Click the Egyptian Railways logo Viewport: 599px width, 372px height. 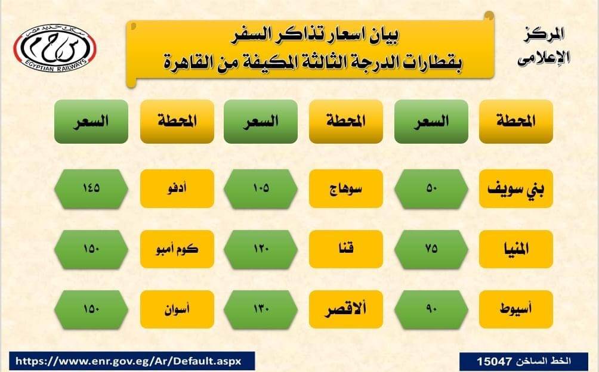pyautogui.click(x=55, y=48)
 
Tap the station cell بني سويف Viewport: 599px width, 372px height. pyautogui.click(x=515, y=188)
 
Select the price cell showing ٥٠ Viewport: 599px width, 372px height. pyautogui.click(x=431, y=188)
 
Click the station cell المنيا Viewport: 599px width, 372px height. pyautogui.click(x=515, y=249)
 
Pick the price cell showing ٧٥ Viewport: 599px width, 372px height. pyautogui.click(x=431, y=249)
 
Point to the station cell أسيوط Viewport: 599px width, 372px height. pyautogui.click(x=515, y=309)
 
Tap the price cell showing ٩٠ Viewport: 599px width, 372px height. pyautogui.click(x=431, y=309)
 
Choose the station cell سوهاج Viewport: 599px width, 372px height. pyautogui.click(x=345, y=188)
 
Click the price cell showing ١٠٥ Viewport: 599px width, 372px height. pyautogui.click(x=261, y=188)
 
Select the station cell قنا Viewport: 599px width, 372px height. pyautogui.click(x=345, y=249)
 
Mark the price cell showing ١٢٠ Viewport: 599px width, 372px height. pyautogui.click(x=261, y=249)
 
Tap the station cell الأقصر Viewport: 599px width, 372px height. pyautogui.click(x=345, y=309)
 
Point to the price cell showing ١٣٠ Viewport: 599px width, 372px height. pyautogui.click(x=261, y=309)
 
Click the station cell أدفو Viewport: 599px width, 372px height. pyautogui.click(x=177, y=188)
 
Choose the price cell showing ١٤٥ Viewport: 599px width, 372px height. pyautogui.click(x=91, y=188)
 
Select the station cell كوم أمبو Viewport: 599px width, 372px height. pyautogui.click(x=177, y=249)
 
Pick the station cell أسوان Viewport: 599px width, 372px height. pyautogui.click(x=177, y=309)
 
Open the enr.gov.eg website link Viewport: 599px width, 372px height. pyautogui.click(x=128, y=361)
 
